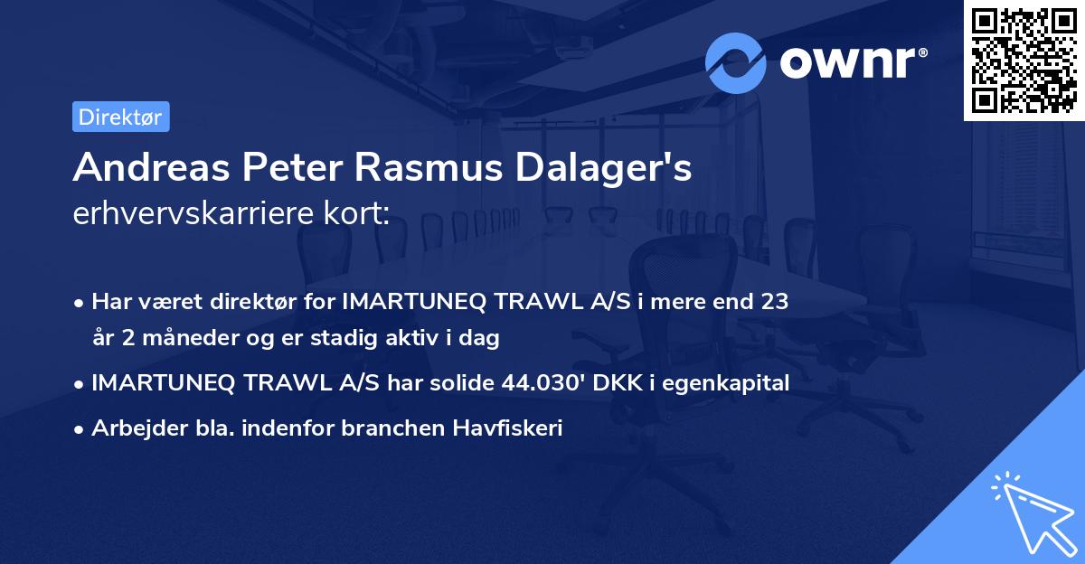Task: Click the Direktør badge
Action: [120, 117]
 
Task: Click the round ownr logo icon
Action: [736, 63]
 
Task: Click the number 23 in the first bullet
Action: [775, 301]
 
